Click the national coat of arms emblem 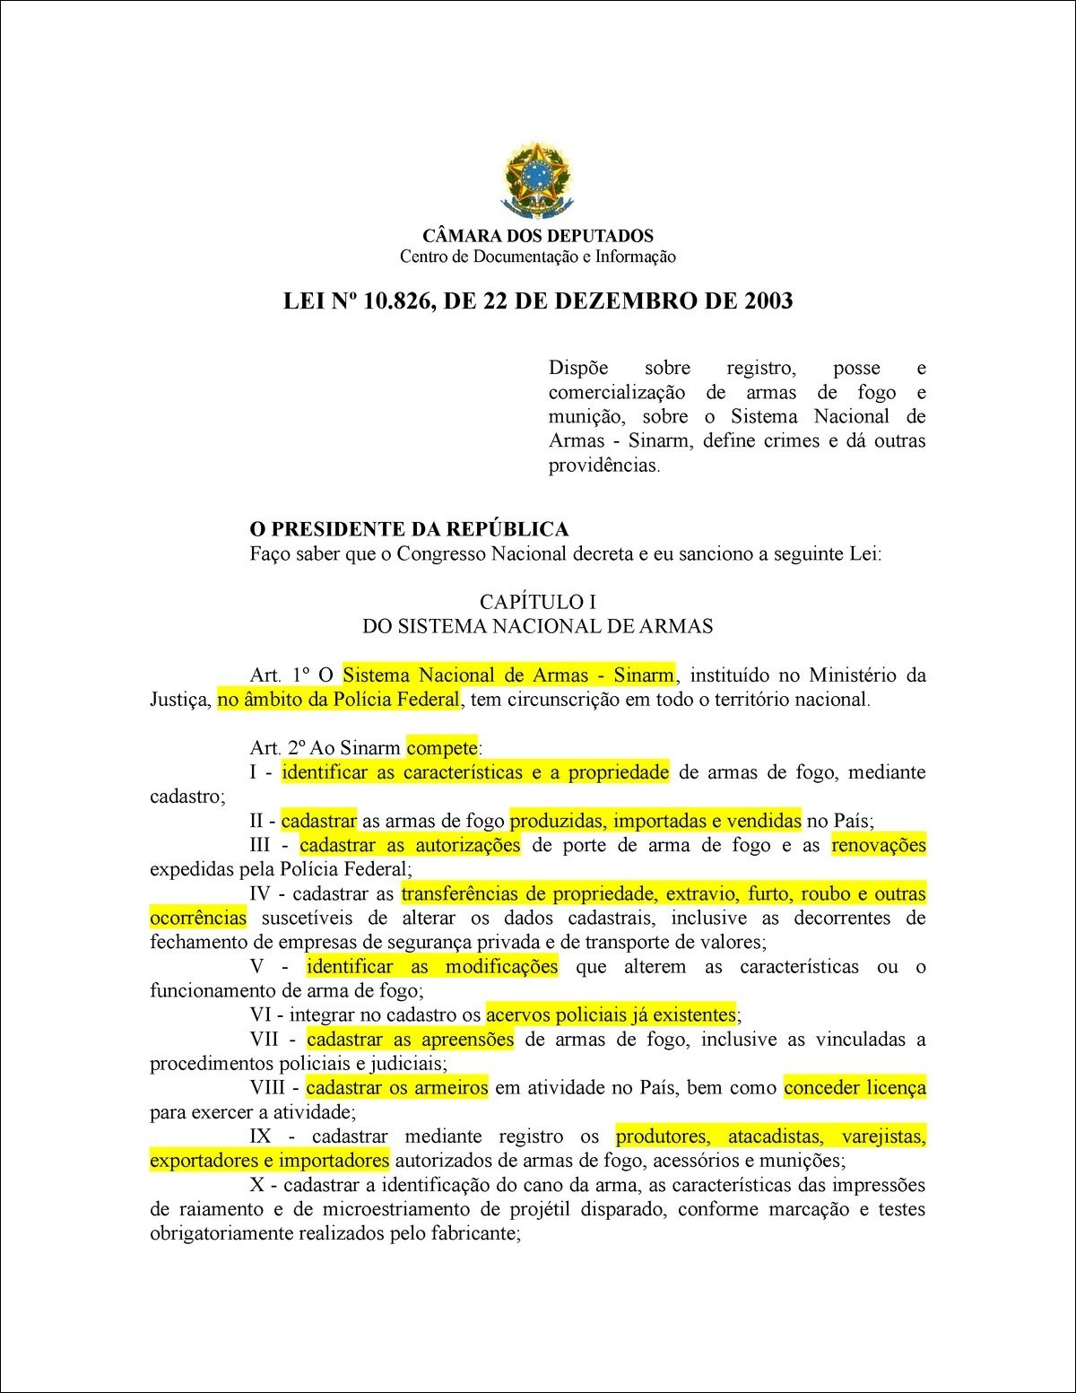tap(537, 178)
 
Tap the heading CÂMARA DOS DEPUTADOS tap(537, 237)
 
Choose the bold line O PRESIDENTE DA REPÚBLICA tap(409, 529)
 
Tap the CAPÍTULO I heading tap(537, 602)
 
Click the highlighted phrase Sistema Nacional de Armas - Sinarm tap(508, 675)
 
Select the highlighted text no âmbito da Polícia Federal tap(339, 700)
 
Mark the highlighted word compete tap(442, 748)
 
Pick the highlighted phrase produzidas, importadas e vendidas tap(655, 821)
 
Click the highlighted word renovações tap(879, 845)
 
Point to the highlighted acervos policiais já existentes tap(611, 1015)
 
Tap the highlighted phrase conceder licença tap(855, 1088)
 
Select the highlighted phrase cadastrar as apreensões tap(411, 1040)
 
